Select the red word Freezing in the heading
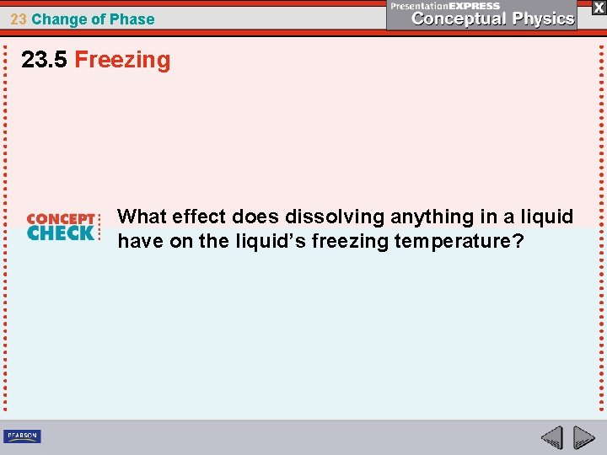(x=122, y=60)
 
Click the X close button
(x=598, y=8)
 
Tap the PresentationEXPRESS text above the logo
(x=445, y=5)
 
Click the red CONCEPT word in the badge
(x=62, y=219)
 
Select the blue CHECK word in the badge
(x=61, y=233)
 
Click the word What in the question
(x=143, y=217)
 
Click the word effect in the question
(x=200, y=217)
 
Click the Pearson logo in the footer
(x=22, y=436)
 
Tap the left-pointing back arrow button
(x=551, y=437)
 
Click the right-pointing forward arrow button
(x=584, y=437)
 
